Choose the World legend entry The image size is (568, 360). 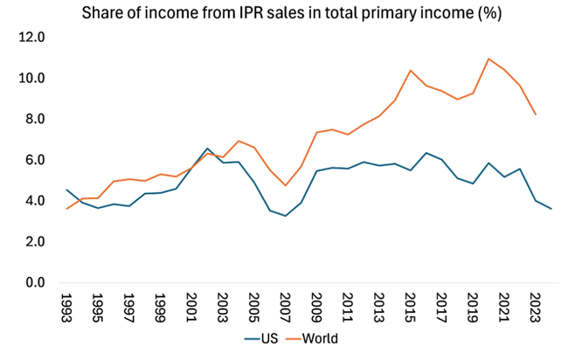[x=319, y=338]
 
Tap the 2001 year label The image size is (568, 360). [x=190, y=308]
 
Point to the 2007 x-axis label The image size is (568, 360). [x=285, y=308]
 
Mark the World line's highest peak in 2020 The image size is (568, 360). [x=488, y=59]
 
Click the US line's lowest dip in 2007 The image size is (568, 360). [x=285, y=216]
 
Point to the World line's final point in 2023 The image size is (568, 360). [x=536, y=114]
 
